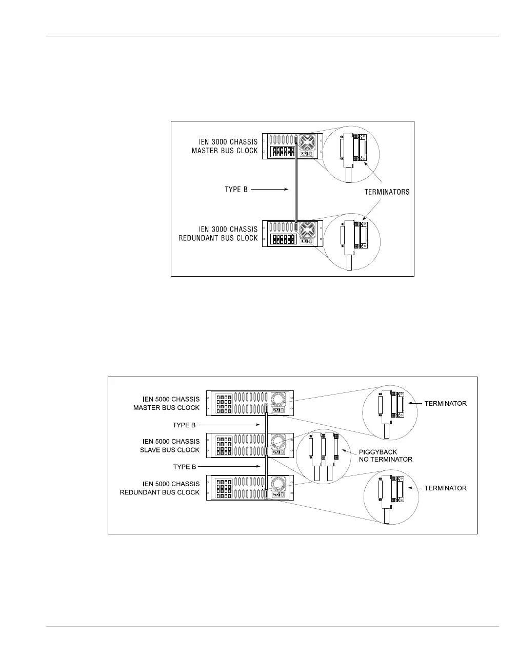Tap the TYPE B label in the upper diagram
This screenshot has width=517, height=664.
tap(236, 190)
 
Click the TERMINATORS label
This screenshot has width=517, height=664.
tap(387, 192)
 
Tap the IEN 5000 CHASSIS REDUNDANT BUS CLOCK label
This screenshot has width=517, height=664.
tap(160, 488)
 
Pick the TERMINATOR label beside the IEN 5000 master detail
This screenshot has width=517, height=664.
tap(445, 404)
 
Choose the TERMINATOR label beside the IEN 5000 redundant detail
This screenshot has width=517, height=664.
tap(445, 488)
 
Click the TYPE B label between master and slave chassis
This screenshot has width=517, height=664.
tap(185, 425)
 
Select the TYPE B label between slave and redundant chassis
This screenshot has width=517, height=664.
tap(185, 467)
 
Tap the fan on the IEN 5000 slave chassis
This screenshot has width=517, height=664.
tap(279, 441)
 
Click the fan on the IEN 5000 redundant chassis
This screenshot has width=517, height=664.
tap(279, 483)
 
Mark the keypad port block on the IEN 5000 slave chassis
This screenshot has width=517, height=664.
tap(224, 446)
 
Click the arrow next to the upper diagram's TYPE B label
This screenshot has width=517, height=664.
tap(270, 190)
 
